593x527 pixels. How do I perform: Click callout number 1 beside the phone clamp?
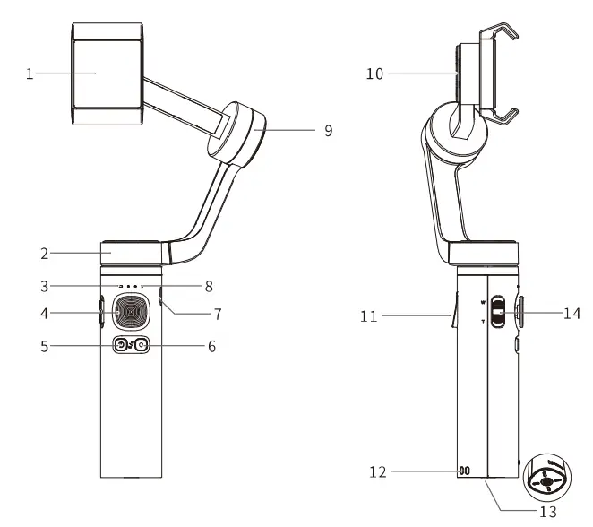(29, 74)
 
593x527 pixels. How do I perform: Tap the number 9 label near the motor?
(328, 130)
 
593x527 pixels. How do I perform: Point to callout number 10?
(374, 73)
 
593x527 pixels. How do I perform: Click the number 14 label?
(572, 314)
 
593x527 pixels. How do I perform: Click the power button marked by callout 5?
(119, 345)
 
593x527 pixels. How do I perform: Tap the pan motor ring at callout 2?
(132, 254)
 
